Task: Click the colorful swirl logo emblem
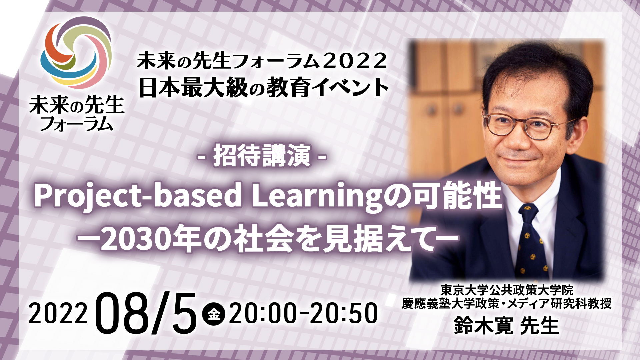coord(76,53)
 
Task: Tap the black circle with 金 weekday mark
coord(214,314)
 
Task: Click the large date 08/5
coord(147,313)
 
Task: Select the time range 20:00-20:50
coord(303,314)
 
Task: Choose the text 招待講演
coord(262,156)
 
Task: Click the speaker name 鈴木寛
coord(483,325)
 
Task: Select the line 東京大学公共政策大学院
coord(507,290)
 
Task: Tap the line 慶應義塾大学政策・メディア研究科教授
coord(507,304)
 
